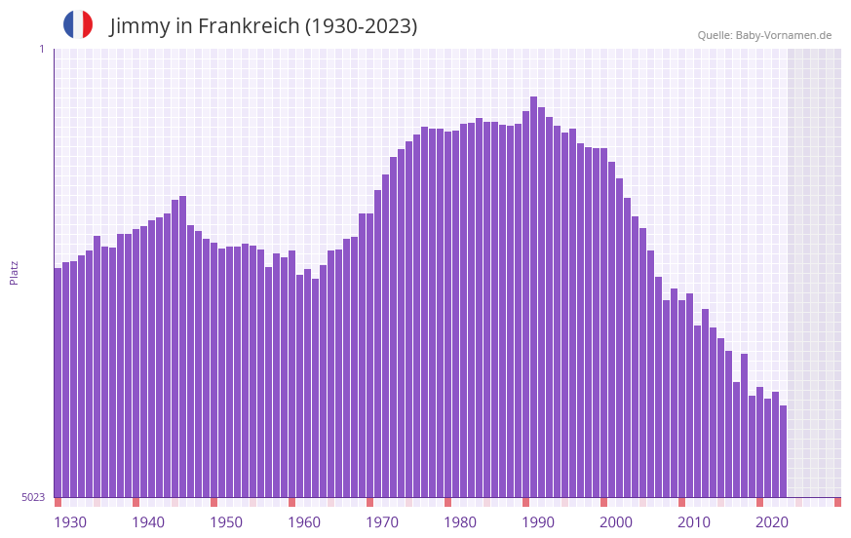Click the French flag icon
click(78, 24)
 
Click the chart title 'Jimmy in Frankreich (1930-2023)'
click(263, 26)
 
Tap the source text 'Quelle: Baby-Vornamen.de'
click(764, 35)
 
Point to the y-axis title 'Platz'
click(14, 272)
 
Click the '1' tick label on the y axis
click(41, 49)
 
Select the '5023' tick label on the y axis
click(33, 497)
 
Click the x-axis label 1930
click(70, 522)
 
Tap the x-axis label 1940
click(148, 522)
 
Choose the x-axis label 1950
click(226, 522)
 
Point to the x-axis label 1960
click(304, 522)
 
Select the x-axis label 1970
click(382, 522)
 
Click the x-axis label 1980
click(460, 522)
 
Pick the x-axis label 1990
click(538, 522)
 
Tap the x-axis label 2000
click(616, 522)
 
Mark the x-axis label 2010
click(694, 522)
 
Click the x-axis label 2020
click(772, 522)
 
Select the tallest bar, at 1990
click(533, 292)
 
